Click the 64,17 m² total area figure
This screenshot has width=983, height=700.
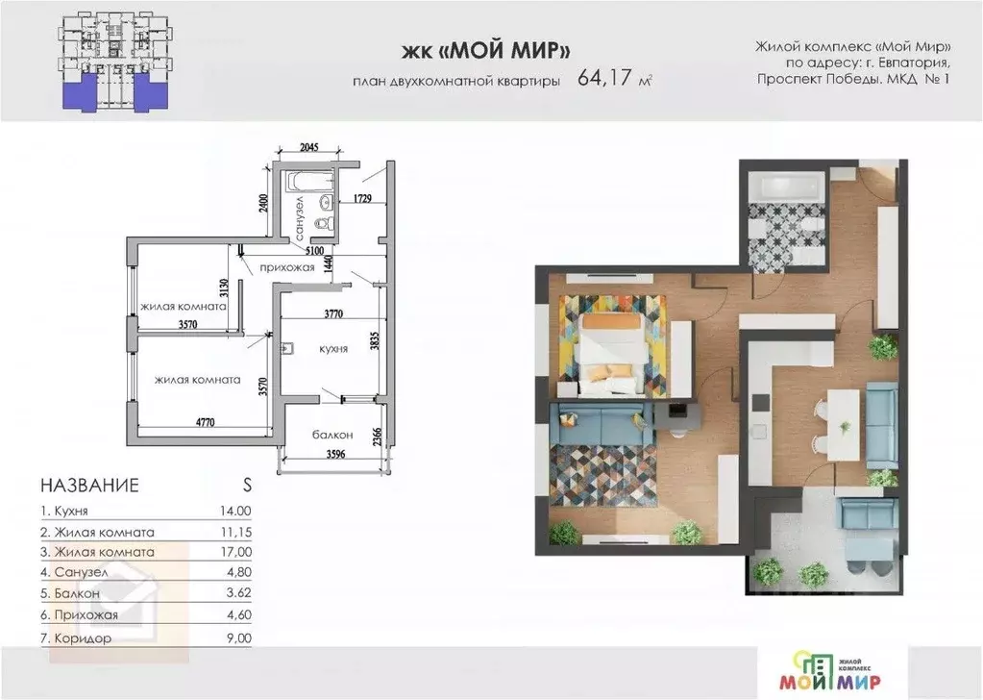tap(614, 79)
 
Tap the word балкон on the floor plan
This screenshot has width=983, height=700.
tap(332, 435)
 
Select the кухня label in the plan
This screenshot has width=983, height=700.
tap(333, 349)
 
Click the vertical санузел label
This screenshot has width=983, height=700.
tap(300, 217)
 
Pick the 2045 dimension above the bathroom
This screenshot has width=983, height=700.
tap(309, 147)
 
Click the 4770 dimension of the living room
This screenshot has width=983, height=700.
tap(205, 422)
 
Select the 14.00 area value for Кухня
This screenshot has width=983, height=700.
tap(235, 512)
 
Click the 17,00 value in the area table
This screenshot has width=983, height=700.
tap(235, 552)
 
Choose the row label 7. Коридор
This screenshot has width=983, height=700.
tap(77, 638)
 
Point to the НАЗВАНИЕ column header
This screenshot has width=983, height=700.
tap(89, 485)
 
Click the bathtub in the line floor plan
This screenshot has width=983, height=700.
tap(309, 182)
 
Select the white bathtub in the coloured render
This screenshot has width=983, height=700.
tap(785, 188)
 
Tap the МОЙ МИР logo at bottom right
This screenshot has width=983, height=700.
tap(830, 672)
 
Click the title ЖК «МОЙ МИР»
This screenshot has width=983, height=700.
tap(486, 50)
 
